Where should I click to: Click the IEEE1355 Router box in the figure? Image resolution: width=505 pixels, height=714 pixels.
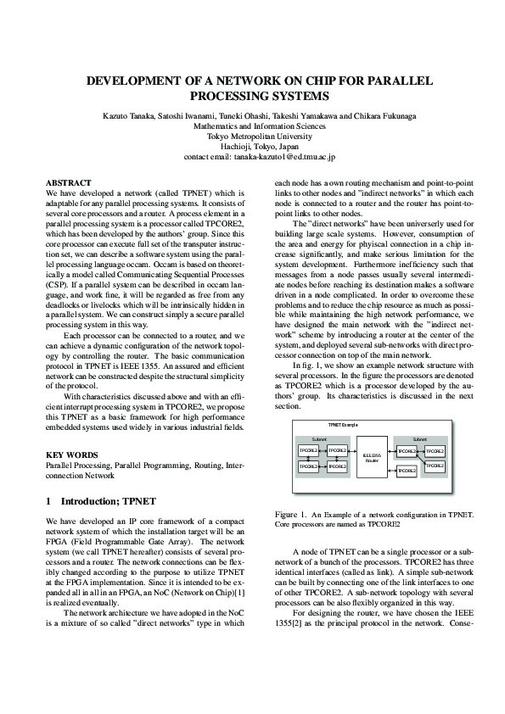(371, 458)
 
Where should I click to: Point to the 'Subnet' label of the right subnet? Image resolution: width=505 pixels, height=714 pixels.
(419, 439)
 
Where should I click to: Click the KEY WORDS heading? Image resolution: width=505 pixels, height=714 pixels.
(70, 455)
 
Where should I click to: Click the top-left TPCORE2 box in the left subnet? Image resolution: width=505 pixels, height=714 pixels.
(308, 450)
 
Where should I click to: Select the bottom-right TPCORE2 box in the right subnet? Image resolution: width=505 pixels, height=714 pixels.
(435, 466)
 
